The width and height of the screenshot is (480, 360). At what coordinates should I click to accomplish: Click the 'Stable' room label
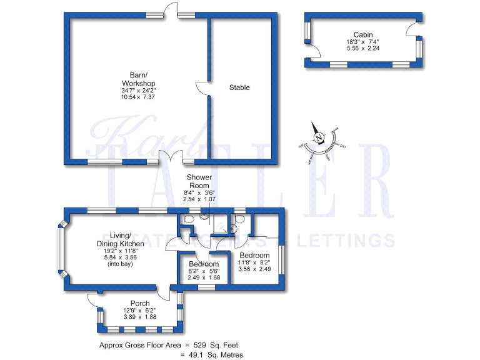pyautogui.click(x=239, y=87)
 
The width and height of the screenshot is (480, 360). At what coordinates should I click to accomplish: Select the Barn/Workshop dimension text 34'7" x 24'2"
pyautogui.click(x=138, y=91)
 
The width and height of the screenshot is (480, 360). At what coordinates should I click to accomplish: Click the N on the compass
pyautogui.click(x=319, y=137)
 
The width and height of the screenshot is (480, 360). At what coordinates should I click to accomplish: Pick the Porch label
pyautogui.click(x=139, y=303)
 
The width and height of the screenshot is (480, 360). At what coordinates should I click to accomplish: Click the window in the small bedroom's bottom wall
pyautogui.click(x=205, y=287)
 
